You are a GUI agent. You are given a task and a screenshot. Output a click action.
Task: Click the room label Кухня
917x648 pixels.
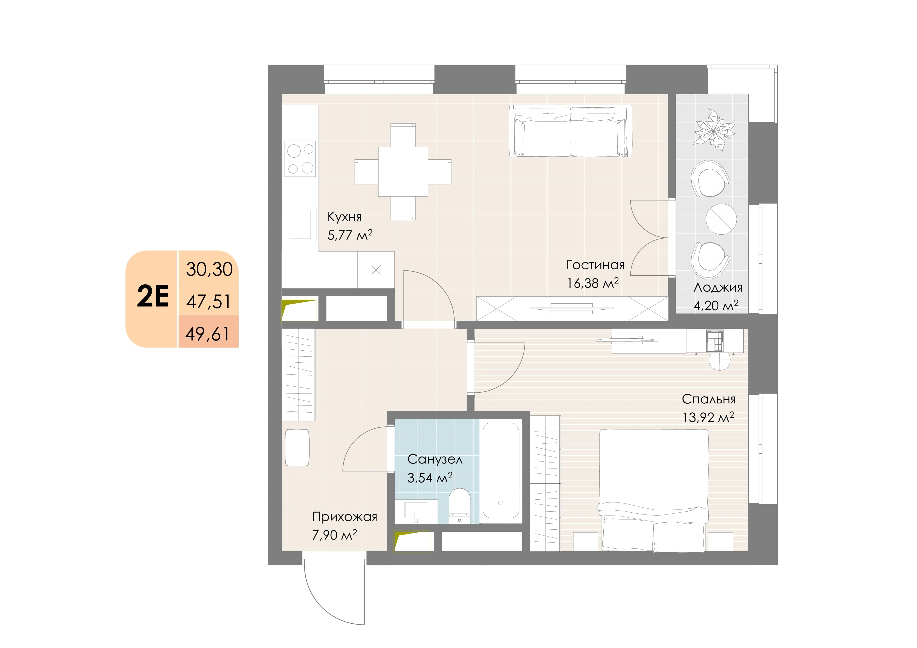344,217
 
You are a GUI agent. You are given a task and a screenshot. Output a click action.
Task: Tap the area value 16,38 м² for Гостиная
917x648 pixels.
593,283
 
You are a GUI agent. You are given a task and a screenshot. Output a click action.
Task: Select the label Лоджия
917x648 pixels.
718,287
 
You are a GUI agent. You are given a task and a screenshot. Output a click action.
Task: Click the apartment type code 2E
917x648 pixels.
153,296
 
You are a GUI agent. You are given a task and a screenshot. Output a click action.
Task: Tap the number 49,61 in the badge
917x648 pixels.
207,334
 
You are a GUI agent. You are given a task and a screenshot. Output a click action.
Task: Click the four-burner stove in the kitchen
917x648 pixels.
300,159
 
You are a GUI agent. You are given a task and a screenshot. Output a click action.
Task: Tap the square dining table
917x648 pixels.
403,172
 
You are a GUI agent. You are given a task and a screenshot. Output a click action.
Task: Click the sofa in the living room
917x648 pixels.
570,131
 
